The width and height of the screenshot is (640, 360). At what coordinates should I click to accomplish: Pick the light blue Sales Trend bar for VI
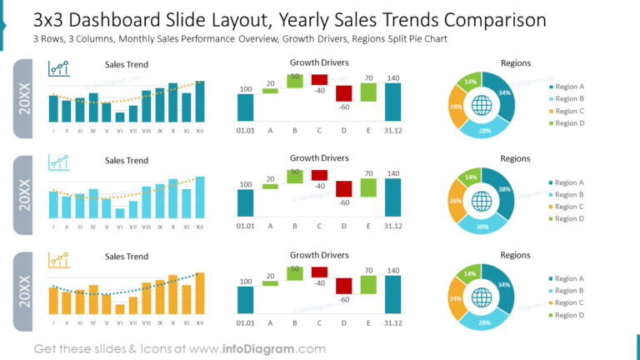pos(120,213)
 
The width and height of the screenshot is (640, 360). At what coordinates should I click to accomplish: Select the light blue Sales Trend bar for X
pos(173,198)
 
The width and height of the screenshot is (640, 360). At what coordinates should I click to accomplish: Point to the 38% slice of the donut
pos(502,190)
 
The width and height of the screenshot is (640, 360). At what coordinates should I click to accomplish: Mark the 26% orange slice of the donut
pos(456,201)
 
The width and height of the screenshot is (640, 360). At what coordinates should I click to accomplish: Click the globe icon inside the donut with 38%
pos(482,201)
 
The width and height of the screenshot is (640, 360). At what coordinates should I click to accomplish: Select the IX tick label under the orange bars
pos(159,322)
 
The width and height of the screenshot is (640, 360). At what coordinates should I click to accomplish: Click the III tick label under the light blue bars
pos(80,227)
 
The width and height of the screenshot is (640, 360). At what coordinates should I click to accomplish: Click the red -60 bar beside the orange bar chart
pos(344,286)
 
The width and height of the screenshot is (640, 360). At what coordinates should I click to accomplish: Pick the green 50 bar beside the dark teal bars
pos(295,80)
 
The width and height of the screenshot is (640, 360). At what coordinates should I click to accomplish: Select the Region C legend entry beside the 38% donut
pos(569,207)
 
